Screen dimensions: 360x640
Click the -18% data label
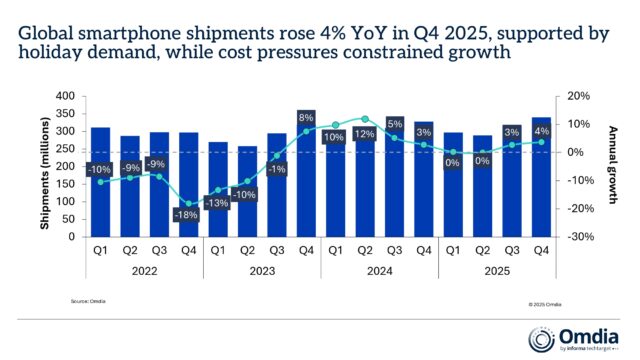187,214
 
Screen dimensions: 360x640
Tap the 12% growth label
365,135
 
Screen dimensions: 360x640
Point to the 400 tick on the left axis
67,96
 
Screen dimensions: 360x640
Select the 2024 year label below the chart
379,269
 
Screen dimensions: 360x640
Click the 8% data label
306,116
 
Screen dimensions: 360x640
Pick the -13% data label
216,203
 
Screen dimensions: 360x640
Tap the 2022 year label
143,269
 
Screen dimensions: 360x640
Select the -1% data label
275,169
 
